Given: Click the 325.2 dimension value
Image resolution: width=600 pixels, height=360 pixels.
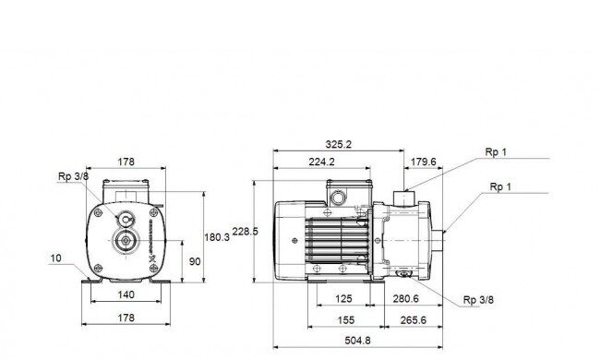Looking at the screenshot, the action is pos(338,144).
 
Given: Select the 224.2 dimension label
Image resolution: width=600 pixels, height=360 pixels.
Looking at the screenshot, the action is pos(321,162).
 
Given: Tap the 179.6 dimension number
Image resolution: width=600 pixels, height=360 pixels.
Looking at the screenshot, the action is pos(423,162).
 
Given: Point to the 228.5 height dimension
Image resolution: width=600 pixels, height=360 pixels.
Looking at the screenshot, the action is pos(246,232).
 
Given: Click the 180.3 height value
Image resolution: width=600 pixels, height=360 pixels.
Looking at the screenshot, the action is pos(217,237).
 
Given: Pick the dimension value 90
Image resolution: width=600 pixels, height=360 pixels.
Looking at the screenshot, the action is pos(195,261).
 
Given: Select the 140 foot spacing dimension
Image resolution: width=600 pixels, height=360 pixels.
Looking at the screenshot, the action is pos(126,294).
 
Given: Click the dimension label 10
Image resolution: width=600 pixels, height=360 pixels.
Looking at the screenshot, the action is pos(55,258).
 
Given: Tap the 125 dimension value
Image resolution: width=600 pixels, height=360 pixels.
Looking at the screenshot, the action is pos(343,298).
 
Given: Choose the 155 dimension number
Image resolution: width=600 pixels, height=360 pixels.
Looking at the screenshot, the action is pos(346,319).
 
